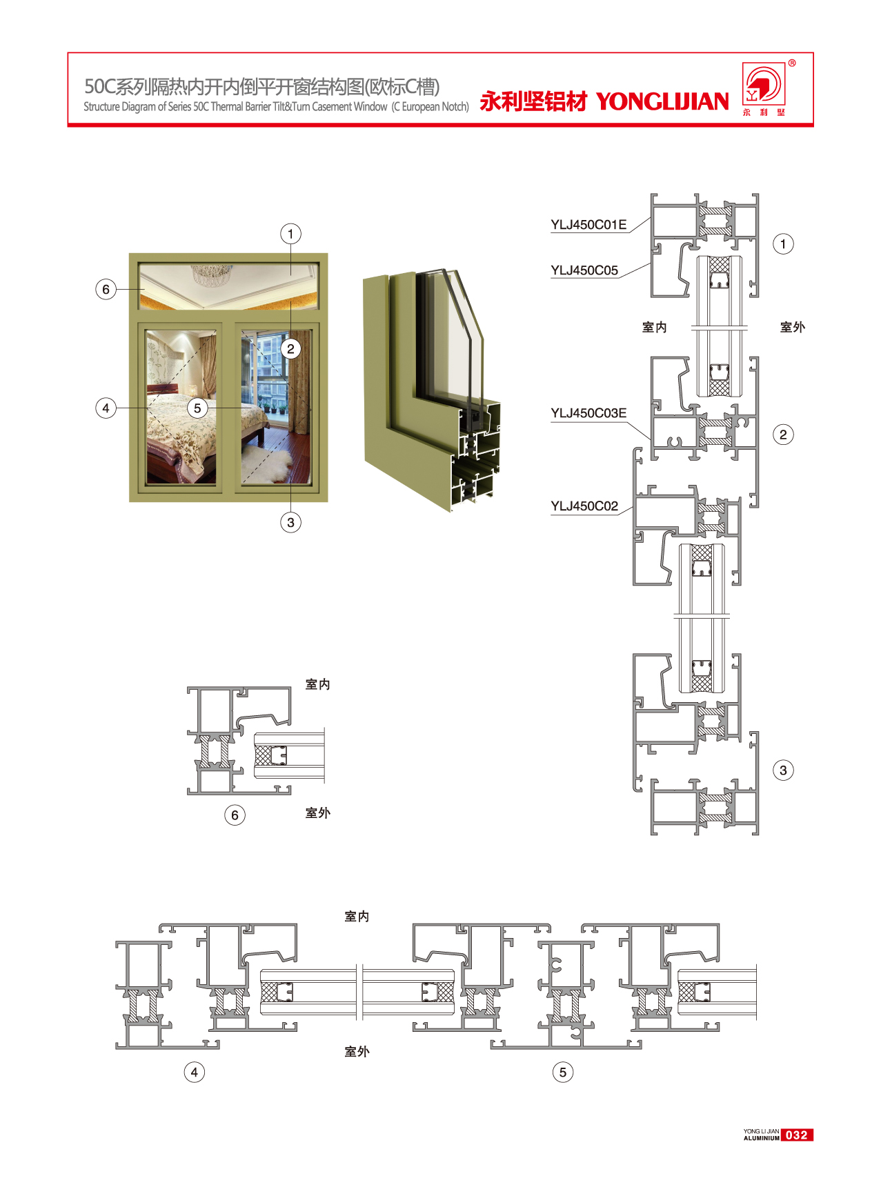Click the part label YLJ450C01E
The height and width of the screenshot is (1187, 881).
tap(588, 225)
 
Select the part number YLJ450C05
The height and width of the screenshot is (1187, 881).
tap(584, 270)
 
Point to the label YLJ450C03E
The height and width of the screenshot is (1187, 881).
tap(588, 413)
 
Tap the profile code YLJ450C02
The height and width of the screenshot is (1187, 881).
tap(584, 506)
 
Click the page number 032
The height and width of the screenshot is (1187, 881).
tap(797, 1135)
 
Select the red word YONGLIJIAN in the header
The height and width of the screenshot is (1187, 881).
tap(662, 101)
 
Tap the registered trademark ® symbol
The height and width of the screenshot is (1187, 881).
tap(792, 63)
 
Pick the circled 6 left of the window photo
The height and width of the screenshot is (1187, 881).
tap(106, 289)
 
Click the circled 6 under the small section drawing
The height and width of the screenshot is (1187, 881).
tap(235, 815)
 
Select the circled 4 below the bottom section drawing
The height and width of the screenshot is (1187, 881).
tap(195, 1073)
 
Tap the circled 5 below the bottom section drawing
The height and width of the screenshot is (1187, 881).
tap(563, 1073)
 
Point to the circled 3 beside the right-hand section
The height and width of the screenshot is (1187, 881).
tap(783, 770)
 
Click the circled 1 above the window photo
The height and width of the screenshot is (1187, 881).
tap(290, 234)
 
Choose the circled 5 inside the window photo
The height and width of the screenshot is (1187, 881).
tap(197, 408)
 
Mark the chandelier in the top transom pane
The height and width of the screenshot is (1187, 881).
tap(211, 274)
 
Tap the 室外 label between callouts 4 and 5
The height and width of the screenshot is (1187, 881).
tap(357, 1052)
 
